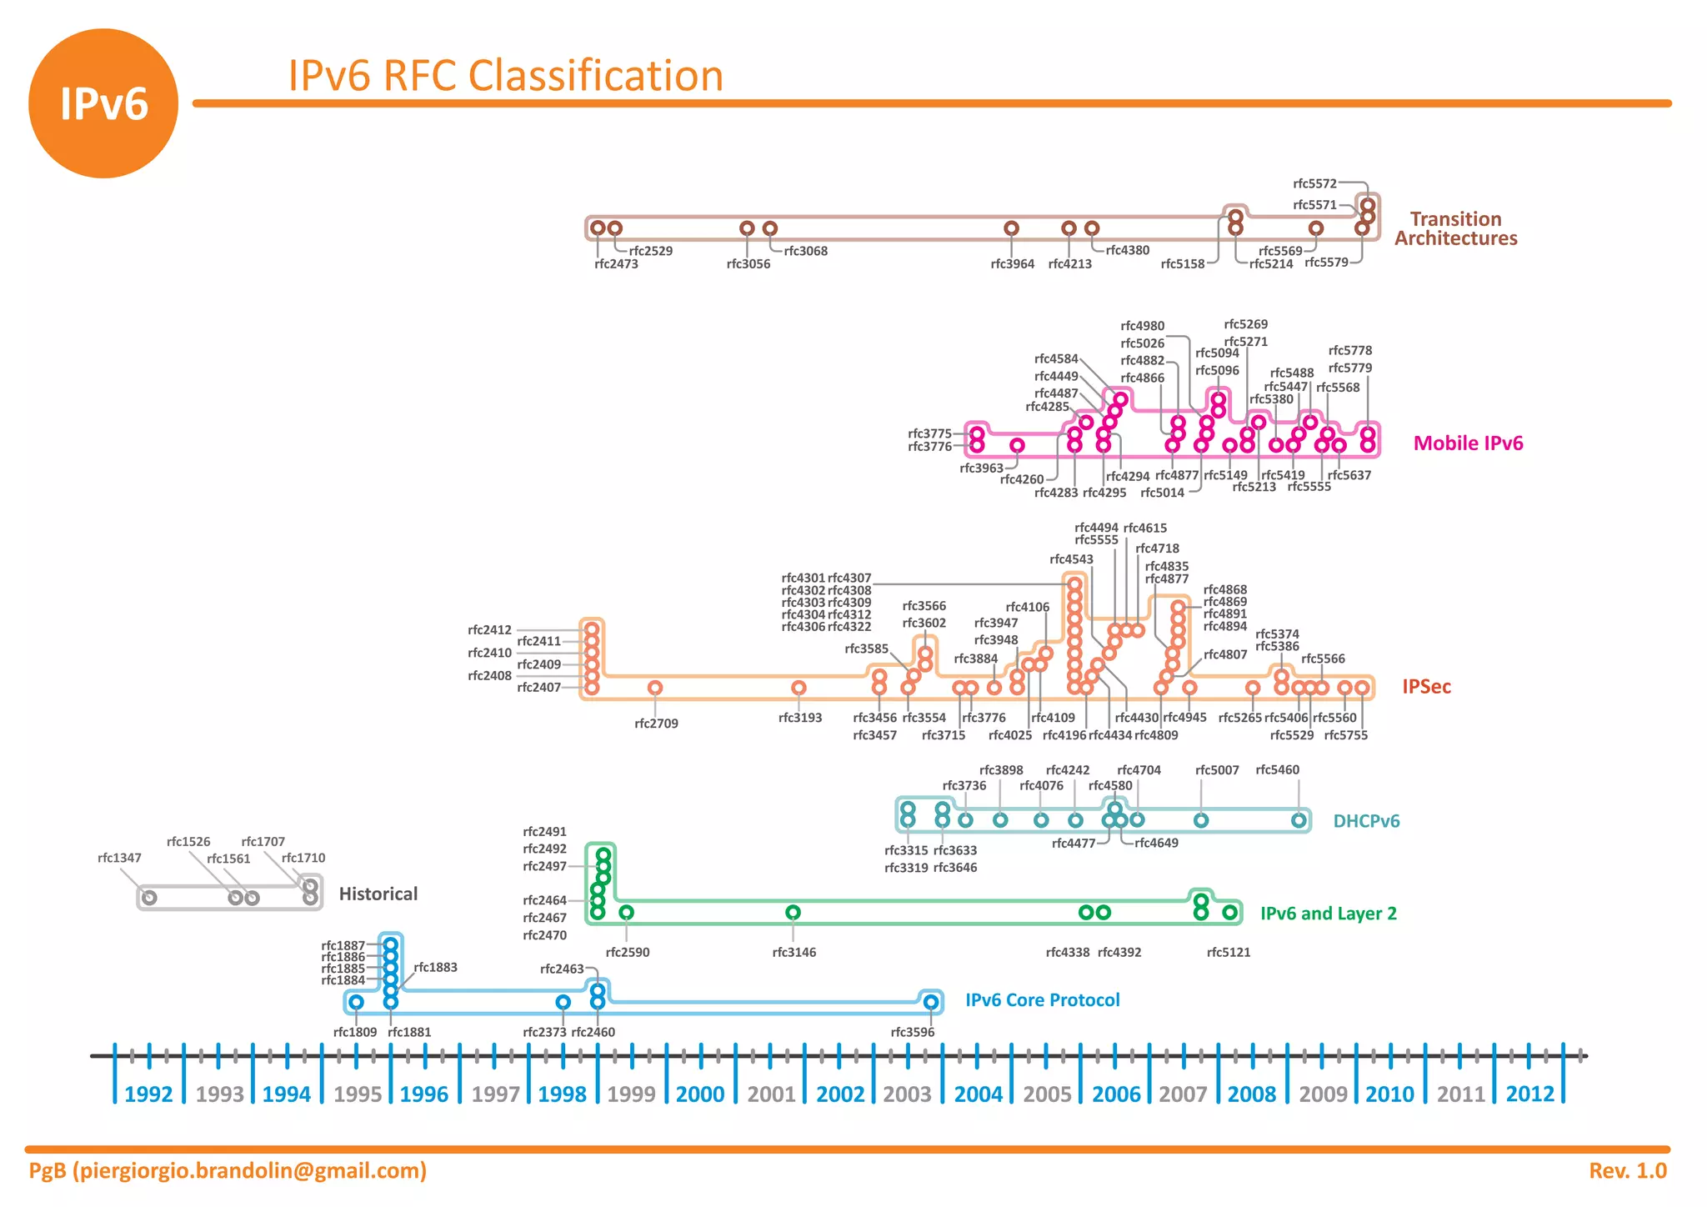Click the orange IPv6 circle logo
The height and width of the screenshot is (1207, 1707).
coord(103,103)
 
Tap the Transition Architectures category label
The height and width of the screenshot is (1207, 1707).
coord(1455,228)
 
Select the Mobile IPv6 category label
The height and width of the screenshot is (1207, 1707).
coord(1468,443)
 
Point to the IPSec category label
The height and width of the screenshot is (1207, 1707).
coord(1426,687)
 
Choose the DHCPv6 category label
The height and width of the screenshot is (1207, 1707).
coord(1366,821)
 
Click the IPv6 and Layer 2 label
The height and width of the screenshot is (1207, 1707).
coord(1328,914)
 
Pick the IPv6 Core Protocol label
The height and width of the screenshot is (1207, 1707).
coord(1042,1000)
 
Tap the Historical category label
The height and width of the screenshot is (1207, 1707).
coord(378,894)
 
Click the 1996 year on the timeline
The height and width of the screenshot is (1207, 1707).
coord(423,1094)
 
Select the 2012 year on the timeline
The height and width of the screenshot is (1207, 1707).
coord(1529,1094)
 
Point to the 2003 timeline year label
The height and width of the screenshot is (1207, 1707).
coord(907,1094)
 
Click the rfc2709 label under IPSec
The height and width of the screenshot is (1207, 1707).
coord(656,724)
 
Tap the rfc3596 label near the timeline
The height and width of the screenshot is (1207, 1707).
coord(912,1033)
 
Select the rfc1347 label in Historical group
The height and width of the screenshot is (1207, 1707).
coord(119,858)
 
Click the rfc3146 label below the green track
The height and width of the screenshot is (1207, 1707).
coord(793,953)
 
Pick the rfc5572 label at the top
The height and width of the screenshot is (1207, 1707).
coord(1314,183)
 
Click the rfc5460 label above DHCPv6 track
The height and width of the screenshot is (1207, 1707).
coord(1277,770)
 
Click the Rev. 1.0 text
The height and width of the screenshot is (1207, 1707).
coord(1627,1171)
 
